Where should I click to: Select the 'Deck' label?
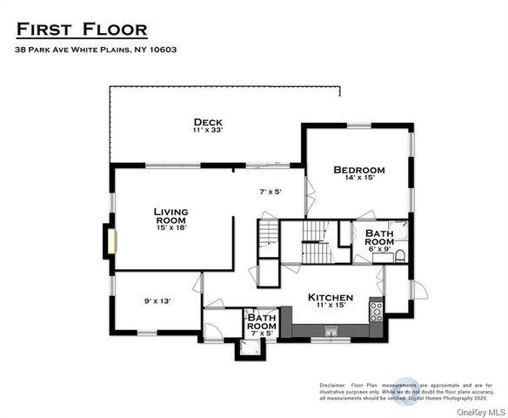(x=208, y=122)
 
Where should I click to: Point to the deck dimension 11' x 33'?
(x=208, y=131)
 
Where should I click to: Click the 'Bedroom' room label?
(x=358, y=169)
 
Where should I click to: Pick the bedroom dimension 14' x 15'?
(x=358, y=178)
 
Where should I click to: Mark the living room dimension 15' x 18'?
(x=170, y=228)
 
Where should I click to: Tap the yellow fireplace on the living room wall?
(x=109, y=240)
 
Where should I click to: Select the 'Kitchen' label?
(x=331, y=297)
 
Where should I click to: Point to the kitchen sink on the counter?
(x=331, y=330)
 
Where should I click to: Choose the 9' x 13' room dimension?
(x=157, y=301)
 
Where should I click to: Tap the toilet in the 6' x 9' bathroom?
(x=399, y=255)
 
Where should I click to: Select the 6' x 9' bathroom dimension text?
(x=379, y=248)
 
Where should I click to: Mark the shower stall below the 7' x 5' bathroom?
(x=250, y=348)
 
